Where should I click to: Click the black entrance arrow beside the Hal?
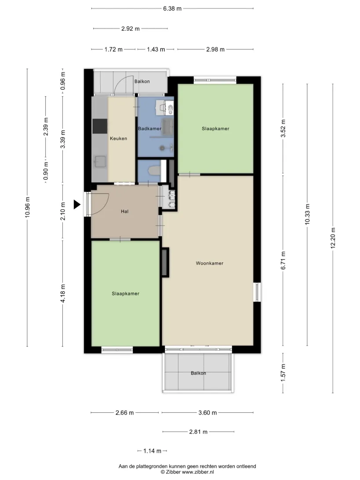click(77, 204)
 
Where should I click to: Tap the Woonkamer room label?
click(210, 263)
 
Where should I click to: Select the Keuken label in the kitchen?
click(119, 138)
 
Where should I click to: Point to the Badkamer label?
click(149, 128)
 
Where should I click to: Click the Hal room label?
click(124, 211)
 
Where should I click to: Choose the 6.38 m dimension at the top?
click(172, 9)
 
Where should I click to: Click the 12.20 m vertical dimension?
click(333, 238)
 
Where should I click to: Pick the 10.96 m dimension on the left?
click(27, 207)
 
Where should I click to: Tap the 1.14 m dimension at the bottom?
click(152, 451)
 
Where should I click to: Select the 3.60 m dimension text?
click(207, 413)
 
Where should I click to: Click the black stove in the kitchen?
click(100, 127)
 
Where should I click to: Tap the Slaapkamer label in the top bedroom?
click(215, 129)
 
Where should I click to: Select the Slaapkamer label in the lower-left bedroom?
click(126, 294)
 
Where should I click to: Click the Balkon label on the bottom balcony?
click(198, 373)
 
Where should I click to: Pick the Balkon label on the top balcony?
click(142, 81)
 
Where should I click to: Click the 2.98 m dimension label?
click(215, 50)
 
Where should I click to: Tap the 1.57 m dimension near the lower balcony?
click(283, 373)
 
